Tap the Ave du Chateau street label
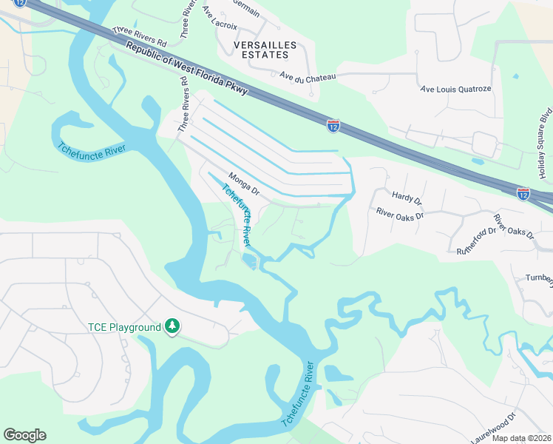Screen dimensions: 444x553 point(308,76)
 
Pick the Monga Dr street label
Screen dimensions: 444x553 point(244,184)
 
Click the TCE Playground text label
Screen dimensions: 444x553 point(124,327)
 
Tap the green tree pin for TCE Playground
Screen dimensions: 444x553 point(172,326)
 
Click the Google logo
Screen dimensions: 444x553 point(24,435)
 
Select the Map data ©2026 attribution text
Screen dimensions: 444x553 point(523,437)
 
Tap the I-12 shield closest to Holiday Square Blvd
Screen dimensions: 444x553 point(523,193)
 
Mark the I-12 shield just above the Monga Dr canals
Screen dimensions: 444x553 point(333,126)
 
